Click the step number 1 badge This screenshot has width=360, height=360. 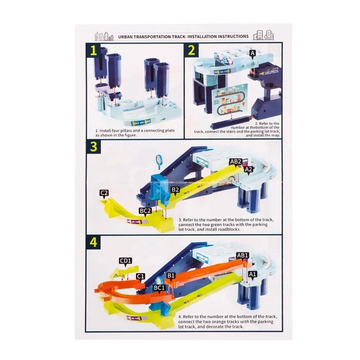click(x=93, y=51)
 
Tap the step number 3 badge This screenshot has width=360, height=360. click(x=93, y=147)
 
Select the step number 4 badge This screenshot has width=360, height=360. click(x=93, y=242)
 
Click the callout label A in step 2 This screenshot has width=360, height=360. click(x=253, y=53)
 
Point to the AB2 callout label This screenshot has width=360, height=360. click(x=236, y=162)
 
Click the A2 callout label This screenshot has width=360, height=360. click(x=248, y=170)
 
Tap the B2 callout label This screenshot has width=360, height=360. click(x=175, y=190)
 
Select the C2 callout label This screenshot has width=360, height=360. click(x=104, y=193)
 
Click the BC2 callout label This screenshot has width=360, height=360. click(x=146, y=211)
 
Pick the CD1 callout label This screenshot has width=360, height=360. click(x=125, y=261)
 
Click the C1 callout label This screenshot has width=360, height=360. click(x=140, y=276)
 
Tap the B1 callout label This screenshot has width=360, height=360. click(x=171, y=276)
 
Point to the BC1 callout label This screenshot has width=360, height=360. click(x=159, y=288)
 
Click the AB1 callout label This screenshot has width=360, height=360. click(x=242, y=256)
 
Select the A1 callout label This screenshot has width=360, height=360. click(x=253, y=274)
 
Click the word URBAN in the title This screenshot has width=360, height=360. click(x=125, y=37)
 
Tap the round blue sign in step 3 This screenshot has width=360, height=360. click(x=159, y=159)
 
